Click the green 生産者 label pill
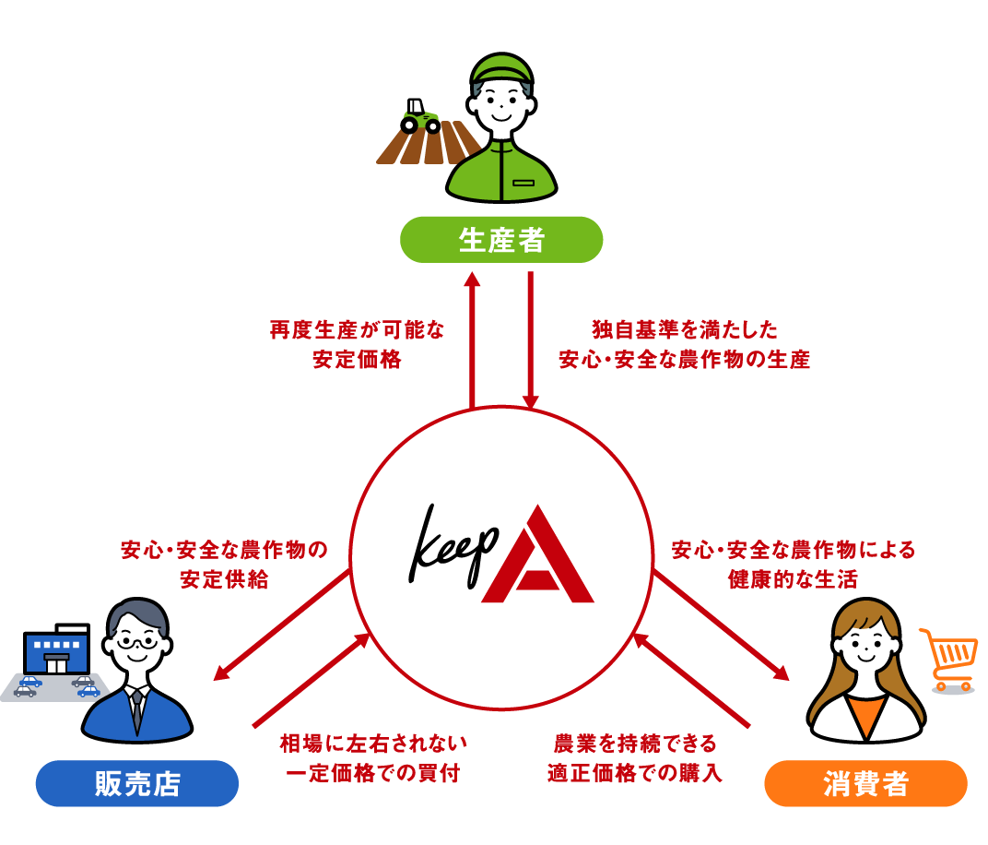pos(501,241)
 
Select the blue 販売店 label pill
pos(137,784)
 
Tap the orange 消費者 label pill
pos(865,784)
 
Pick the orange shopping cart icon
pos(948,659)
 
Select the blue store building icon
pos(57,649)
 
